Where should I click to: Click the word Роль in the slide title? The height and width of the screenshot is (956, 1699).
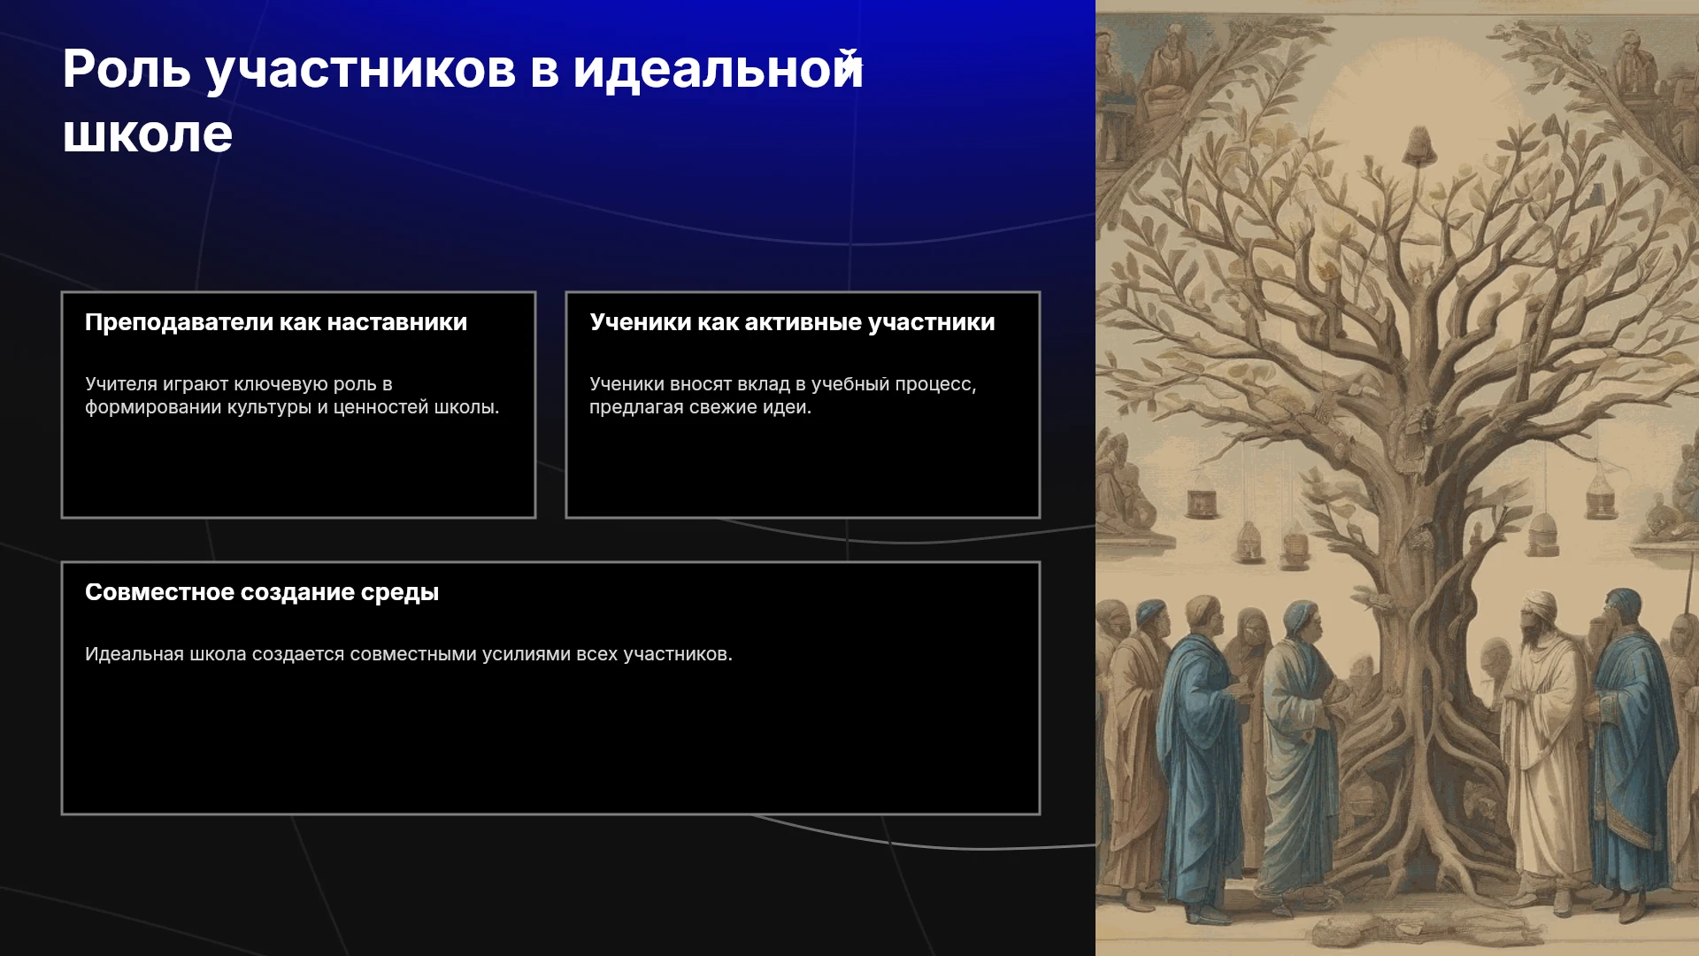click(127, 69)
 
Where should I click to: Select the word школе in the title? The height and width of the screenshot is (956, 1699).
click(148, 135)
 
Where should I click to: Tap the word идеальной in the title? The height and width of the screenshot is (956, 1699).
click(718, 69)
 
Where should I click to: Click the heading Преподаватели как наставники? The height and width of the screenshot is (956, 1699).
click(276, 322)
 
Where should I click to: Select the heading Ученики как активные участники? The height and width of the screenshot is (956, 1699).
click(793, 322)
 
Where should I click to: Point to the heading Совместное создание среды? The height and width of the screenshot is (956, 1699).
click(262, 592)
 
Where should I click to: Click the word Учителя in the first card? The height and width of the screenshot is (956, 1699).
click(121, 384)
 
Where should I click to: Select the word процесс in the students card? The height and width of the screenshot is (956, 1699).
click(937, 385)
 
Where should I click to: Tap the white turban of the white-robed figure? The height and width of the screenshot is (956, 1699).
click(1541, 605)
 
